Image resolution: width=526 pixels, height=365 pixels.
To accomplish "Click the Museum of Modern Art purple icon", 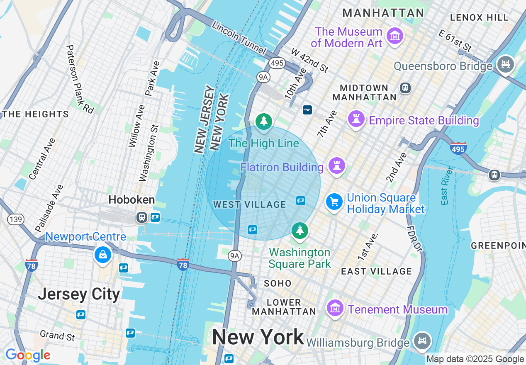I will tap(395, 36).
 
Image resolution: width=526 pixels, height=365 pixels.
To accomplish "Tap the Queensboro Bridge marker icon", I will tap(506, 65).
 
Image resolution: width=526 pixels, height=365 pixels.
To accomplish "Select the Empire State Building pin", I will tap(356, 119).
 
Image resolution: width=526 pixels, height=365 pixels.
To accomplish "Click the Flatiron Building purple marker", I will tap(336, 166).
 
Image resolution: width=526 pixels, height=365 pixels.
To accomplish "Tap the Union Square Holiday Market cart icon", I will tap(334, 202).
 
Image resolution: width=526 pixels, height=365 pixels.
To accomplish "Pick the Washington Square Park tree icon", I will tap(300, 230).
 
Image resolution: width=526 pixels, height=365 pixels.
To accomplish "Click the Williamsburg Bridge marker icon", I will tap(422, 341).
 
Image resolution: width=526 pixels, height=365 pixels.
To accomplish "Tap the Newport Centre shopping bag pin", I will tap(102, 254).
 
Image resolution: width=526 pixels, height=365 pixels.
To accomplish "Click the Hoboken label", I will tap(131, 200).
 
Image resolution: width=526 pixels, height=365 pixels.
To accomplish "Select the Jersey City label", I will tap(79, 294).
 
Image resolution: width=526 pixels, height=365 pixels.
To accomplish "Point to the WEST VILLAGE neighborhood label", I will tap(249, 204).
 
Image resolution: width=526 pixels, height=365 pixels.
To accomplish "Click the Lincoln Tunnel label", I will tap(239, 37).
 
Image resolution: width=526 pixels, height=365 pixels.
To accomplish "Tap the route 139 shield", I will tap(16, 219).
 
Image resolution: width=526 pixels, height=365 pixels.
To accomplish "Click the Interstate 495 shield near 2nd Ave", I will tap(458, 148).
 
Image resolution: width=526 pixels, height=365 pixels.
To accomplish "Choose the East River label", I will tap(446, 185).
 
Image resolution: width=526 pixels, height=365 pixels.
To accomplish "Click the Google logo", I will tap(28, 355).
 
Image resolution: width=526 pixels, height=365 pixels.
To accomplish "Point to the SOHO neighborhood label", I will tap(278, 283).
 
